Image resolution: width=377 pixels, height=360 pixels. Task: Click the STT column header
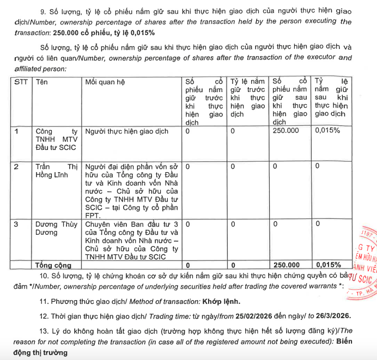(x=21, y=82)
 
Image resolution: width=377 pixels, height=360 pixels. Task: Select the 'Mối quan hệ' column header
(x=105, y=82)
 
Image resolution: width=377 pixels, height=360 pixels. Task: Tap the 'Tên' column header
(x=41, y=82)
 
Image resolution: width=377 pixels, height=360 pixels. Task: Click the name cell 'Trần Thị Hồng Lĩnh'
(x=57, y=170)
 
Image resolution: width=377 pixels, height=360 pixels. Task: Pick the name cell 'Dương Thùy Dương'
(x=57, y=228)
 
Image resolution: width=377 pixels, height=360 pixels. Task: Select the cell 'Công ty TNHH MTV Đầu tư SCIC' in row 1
(x=57, y=139)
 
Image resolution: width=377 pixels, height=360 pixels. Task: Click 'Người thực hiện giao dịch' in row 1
(x=127, y=131)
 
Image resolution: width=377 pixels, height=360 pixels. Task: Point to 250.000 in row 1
(x=286, y=131)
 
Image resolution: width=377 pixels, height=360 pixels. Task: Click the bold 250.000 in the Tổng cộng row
(x=286, y=265)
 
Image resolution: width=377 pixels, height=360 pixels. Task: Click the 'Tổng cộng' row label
(x=53, y=265)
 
